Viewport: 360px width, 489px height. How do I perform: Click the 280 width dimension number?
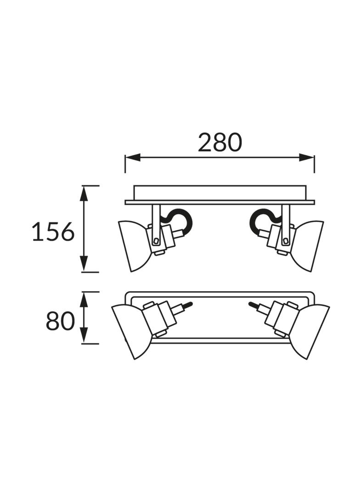(x=220, y=143)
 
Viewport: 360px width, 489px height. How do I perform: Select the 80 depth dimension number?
(x=61, y=321)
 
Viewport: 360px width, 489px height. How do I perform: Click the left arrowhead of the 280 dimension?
(x=132, y=157)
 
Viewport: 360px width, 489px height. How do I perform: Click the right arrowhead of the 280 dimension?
(x=307, y=157)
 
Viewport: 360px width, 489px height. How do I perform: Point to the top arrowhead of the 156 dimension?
(x=84, y=194)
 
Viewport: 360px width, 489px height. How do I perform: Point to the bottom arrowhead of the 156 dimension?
(x=84, y=264)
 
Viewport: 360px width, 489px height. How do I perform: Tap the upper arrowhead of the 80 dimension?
(x=84, y=299)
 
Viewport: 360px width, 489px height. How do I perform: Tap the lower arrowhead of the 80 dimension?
(x=84, y=335)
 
